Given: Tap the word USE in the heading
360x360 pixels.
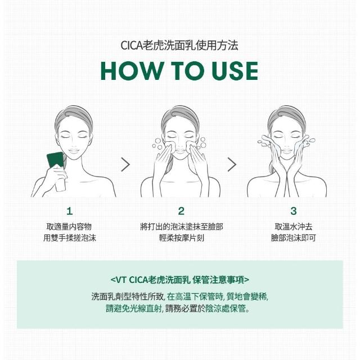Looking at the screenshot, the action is coord(235,71).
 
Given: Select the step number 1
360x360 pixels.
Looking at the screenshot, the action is coord(70,211).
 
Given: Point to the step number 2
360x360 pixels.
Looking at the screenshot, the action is coord(181,211).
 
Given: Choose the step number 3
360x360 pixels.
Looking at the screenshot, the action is coord(294,211).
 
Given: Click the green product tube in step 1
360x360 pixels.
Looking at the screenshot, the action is coord(55,160).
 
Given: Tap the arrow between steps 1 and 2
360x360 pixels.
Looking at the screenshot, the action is coord(125,164).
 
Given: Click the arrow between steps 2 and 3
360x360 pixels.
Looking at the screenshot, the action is coord(232,164).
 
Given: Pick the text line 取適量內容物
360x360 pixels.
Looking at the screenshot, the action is coord(69,227).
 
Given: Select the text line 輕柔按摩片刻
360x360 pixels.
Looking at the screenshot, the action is coord(181,238).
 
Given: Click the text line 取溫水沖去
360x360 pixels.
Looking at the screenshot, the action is coord(294,227).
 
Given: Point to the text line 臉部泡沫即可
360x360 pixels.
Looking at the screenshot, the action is coord(294,238).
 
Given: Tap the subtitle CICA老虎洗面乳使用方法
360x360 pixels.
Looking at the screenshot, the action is coord(179,45).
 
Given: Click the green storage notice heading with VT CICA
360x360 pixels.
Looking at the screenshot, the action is coord(180,280).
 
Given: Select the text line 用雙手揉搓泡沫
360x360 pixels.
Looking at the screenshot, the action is coord(70,238).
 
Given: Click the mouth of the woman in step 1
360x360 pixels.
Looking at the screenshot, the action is coord(74,151).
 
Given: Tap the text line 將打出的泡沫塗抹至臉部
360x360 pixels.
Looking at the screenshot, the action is coord(181,227).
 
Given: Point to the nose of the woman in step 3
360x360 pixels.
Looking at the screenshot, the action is coord(286,145).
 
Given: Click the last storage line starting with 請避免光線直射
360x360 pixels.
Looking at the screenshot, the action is coord(178,309).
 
